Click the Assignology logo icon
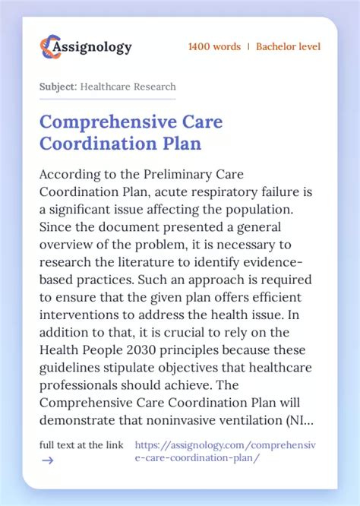click(x=50, y=47)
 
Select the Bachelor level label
click(x=288, y=47)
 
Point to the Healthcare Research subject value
click(x=129, y=87)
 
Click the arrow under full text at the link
click(x=46, y=460)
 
